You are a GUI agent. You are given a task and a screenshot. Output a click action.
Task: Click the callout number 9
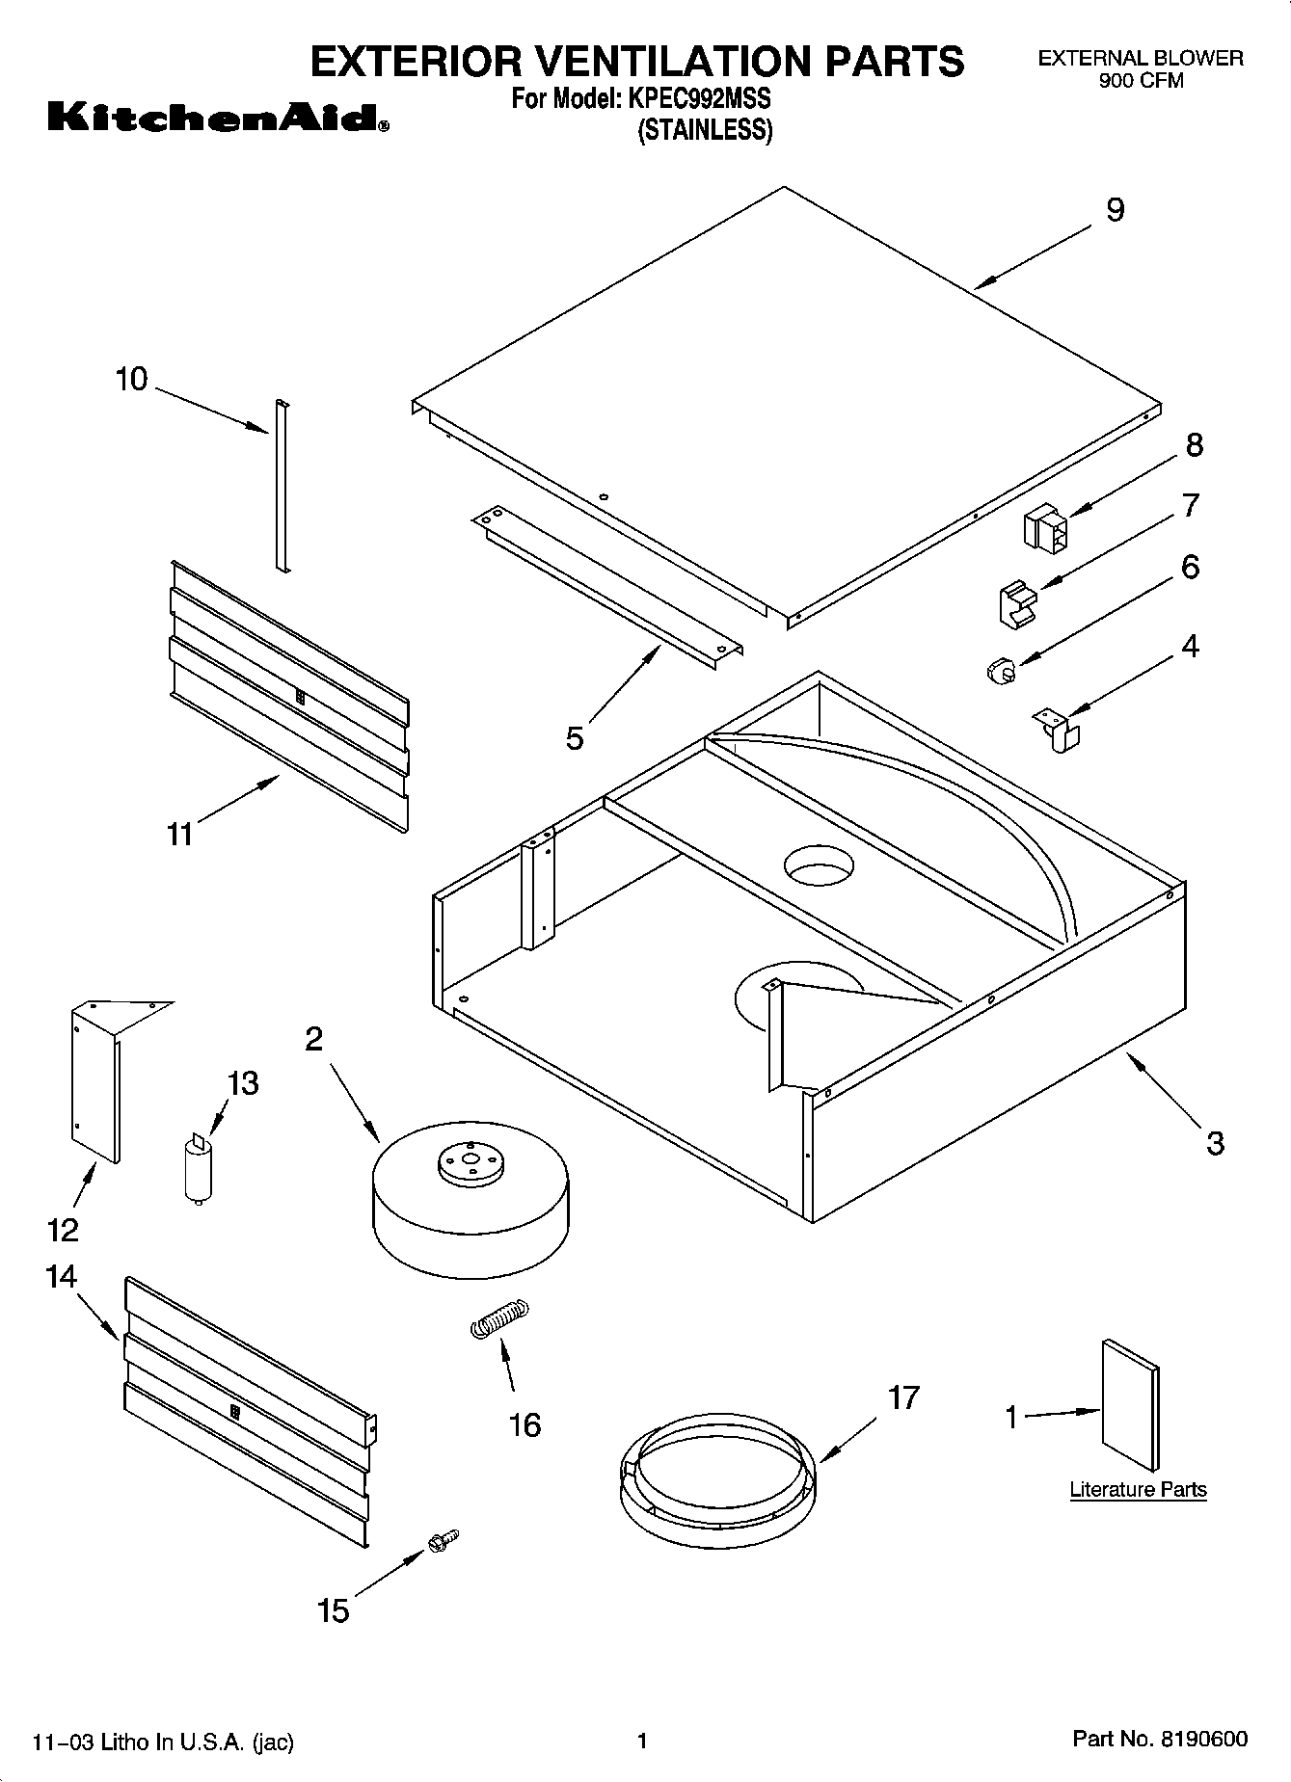point(1115,210)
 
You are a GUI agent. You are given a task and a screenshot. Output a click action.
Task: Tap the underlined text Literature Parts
point(1138,1489)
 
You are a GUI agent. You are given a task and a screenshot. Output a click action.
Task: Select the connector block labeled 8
point(1045,531)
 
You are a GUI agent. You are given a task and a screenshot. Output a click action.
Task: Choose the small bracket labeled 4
point(1058,729)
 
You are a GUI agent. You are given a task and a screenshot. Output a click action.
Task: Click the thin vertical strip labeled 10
point(282,487)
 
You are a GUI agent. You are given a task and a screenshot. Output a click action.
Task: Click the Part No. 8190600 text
point(1160,1739)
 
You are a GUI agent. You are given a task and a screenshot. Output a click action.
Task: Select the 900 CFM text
point(1141,81)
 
